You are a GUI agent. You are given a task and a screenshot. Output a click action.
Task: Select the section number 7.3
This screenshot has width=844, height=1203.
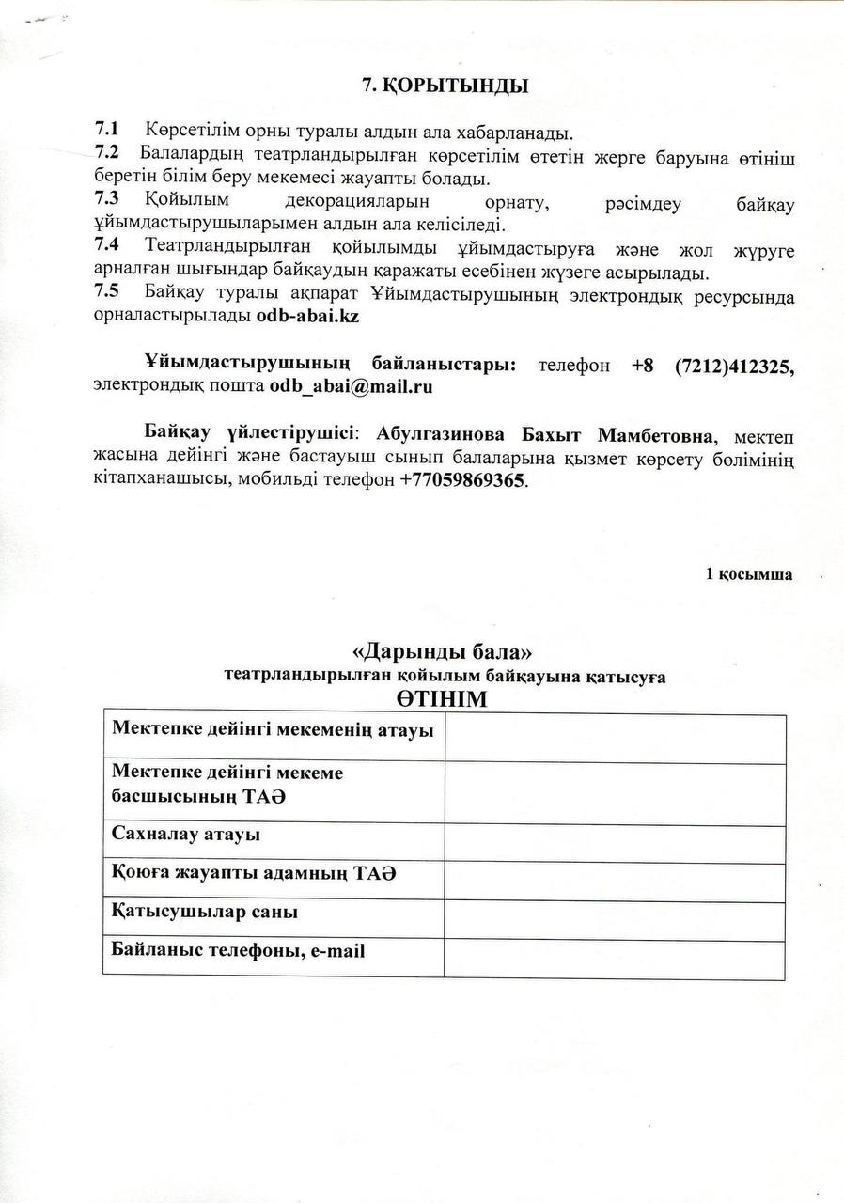106,201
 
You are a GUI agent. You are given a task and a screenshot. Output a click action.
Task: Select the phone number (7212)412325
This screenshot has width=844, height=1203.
733,365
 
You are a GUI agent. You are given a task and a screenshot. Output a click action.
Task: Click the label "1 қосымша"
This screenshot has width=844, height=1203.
749,575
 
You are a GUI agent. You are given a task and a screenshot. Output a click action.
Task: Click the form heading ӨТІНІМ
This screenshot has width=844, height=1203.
445,701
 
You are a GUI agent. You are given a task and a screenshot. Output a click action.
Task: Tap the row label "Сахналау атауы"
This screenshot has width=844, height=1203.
186,834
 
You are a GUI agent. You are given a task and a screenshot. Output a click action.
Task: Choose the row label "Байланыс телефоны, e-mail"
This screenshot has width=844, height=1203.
239,950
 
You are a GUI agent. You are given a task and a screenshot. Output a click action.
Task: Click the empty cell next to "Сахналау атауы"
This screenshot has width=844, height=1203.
615,844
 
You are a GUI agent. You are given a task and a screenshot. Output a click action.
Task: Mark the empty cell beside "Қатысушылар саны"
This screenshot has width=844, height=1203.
615,921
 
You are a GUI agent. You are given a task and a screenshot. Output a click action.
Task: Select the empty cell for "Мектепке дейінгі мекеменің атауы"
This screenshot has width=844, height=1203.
615,739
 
